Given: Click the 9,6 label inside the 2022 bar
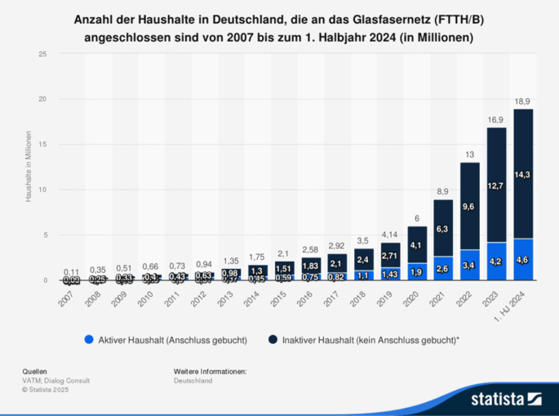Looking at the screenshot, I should click(469, 208).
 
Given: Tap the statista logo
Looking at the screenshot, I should click(506, 399).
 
